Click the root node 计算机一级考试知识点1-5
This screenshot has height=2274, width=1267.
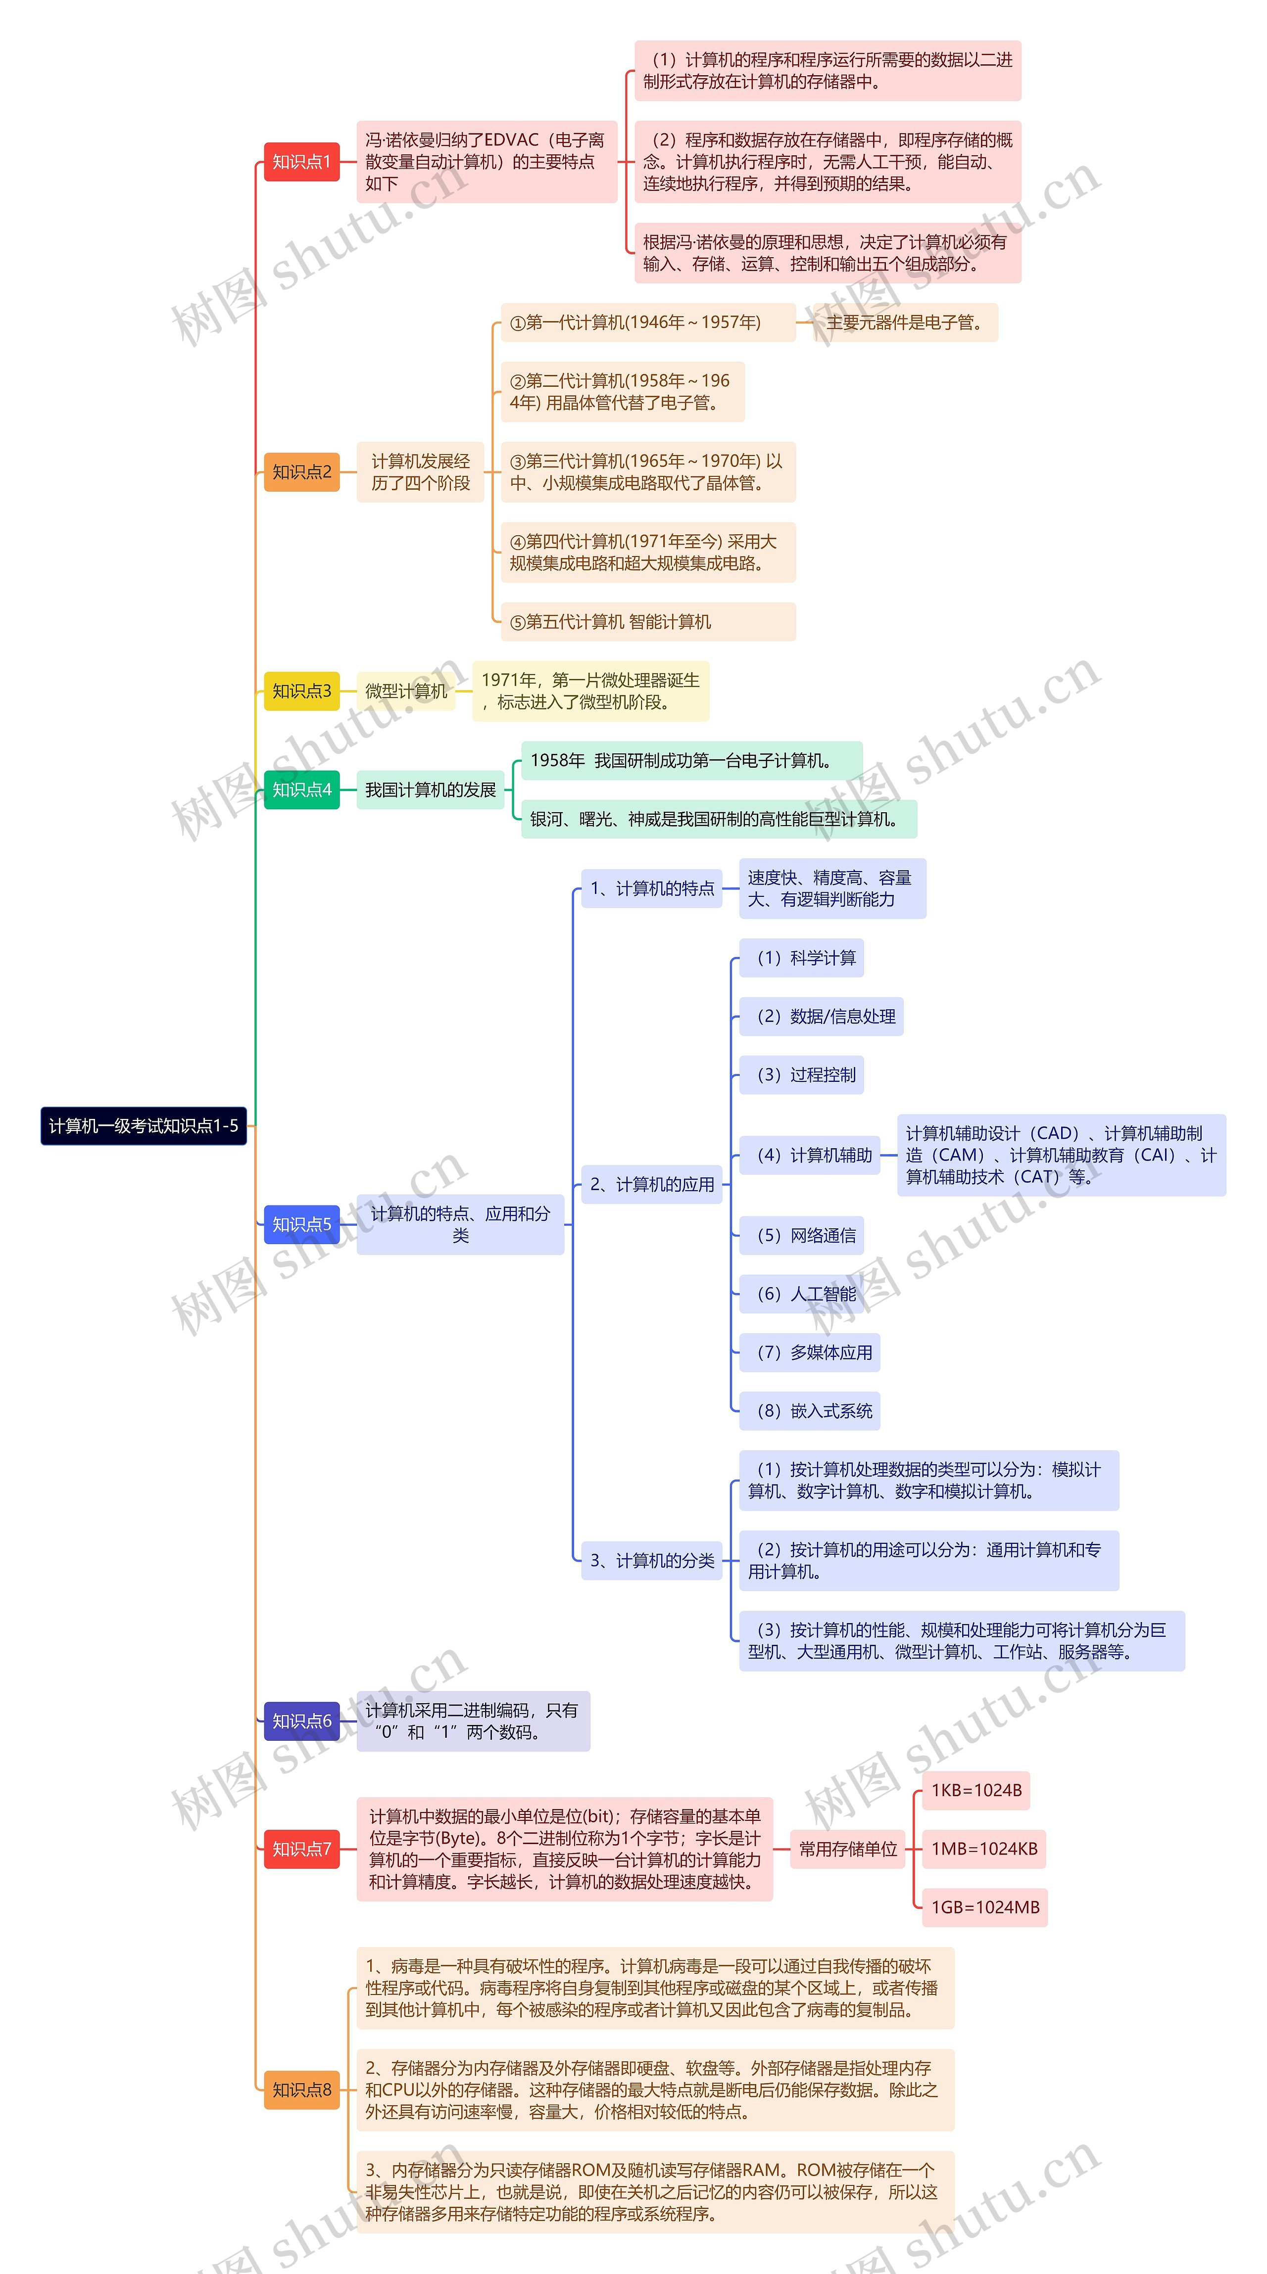[x=143, y=1125]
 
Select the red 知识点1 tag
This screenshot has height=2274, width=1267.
[x=301, y=162]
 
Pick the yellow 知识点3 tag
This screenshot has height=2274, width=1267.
[x=301, y=691]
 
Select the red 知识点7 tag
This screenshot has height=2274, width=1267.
[x=301, y=1849]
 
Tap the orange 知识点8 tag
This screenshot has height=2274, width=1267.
[x=301, y=2089]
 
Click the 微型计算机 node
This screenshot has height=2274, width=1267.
[x=406, y=691]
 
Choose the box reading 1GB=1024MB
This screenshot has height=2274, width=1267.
[x=984, y=1907]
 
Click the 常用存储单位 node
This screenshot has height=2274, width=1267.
[x=848, y=1849]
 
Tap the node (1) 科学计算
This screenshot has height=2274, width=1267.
[x=802, y=958]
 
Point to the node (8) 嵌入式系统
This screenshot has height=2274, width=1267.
[x=810, y=1411]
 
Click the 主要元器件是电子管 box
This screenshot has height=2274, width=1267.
[x=905, y=322]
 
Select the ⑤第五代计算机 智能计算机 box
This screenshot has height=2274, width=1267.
[x=648, y=621]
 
